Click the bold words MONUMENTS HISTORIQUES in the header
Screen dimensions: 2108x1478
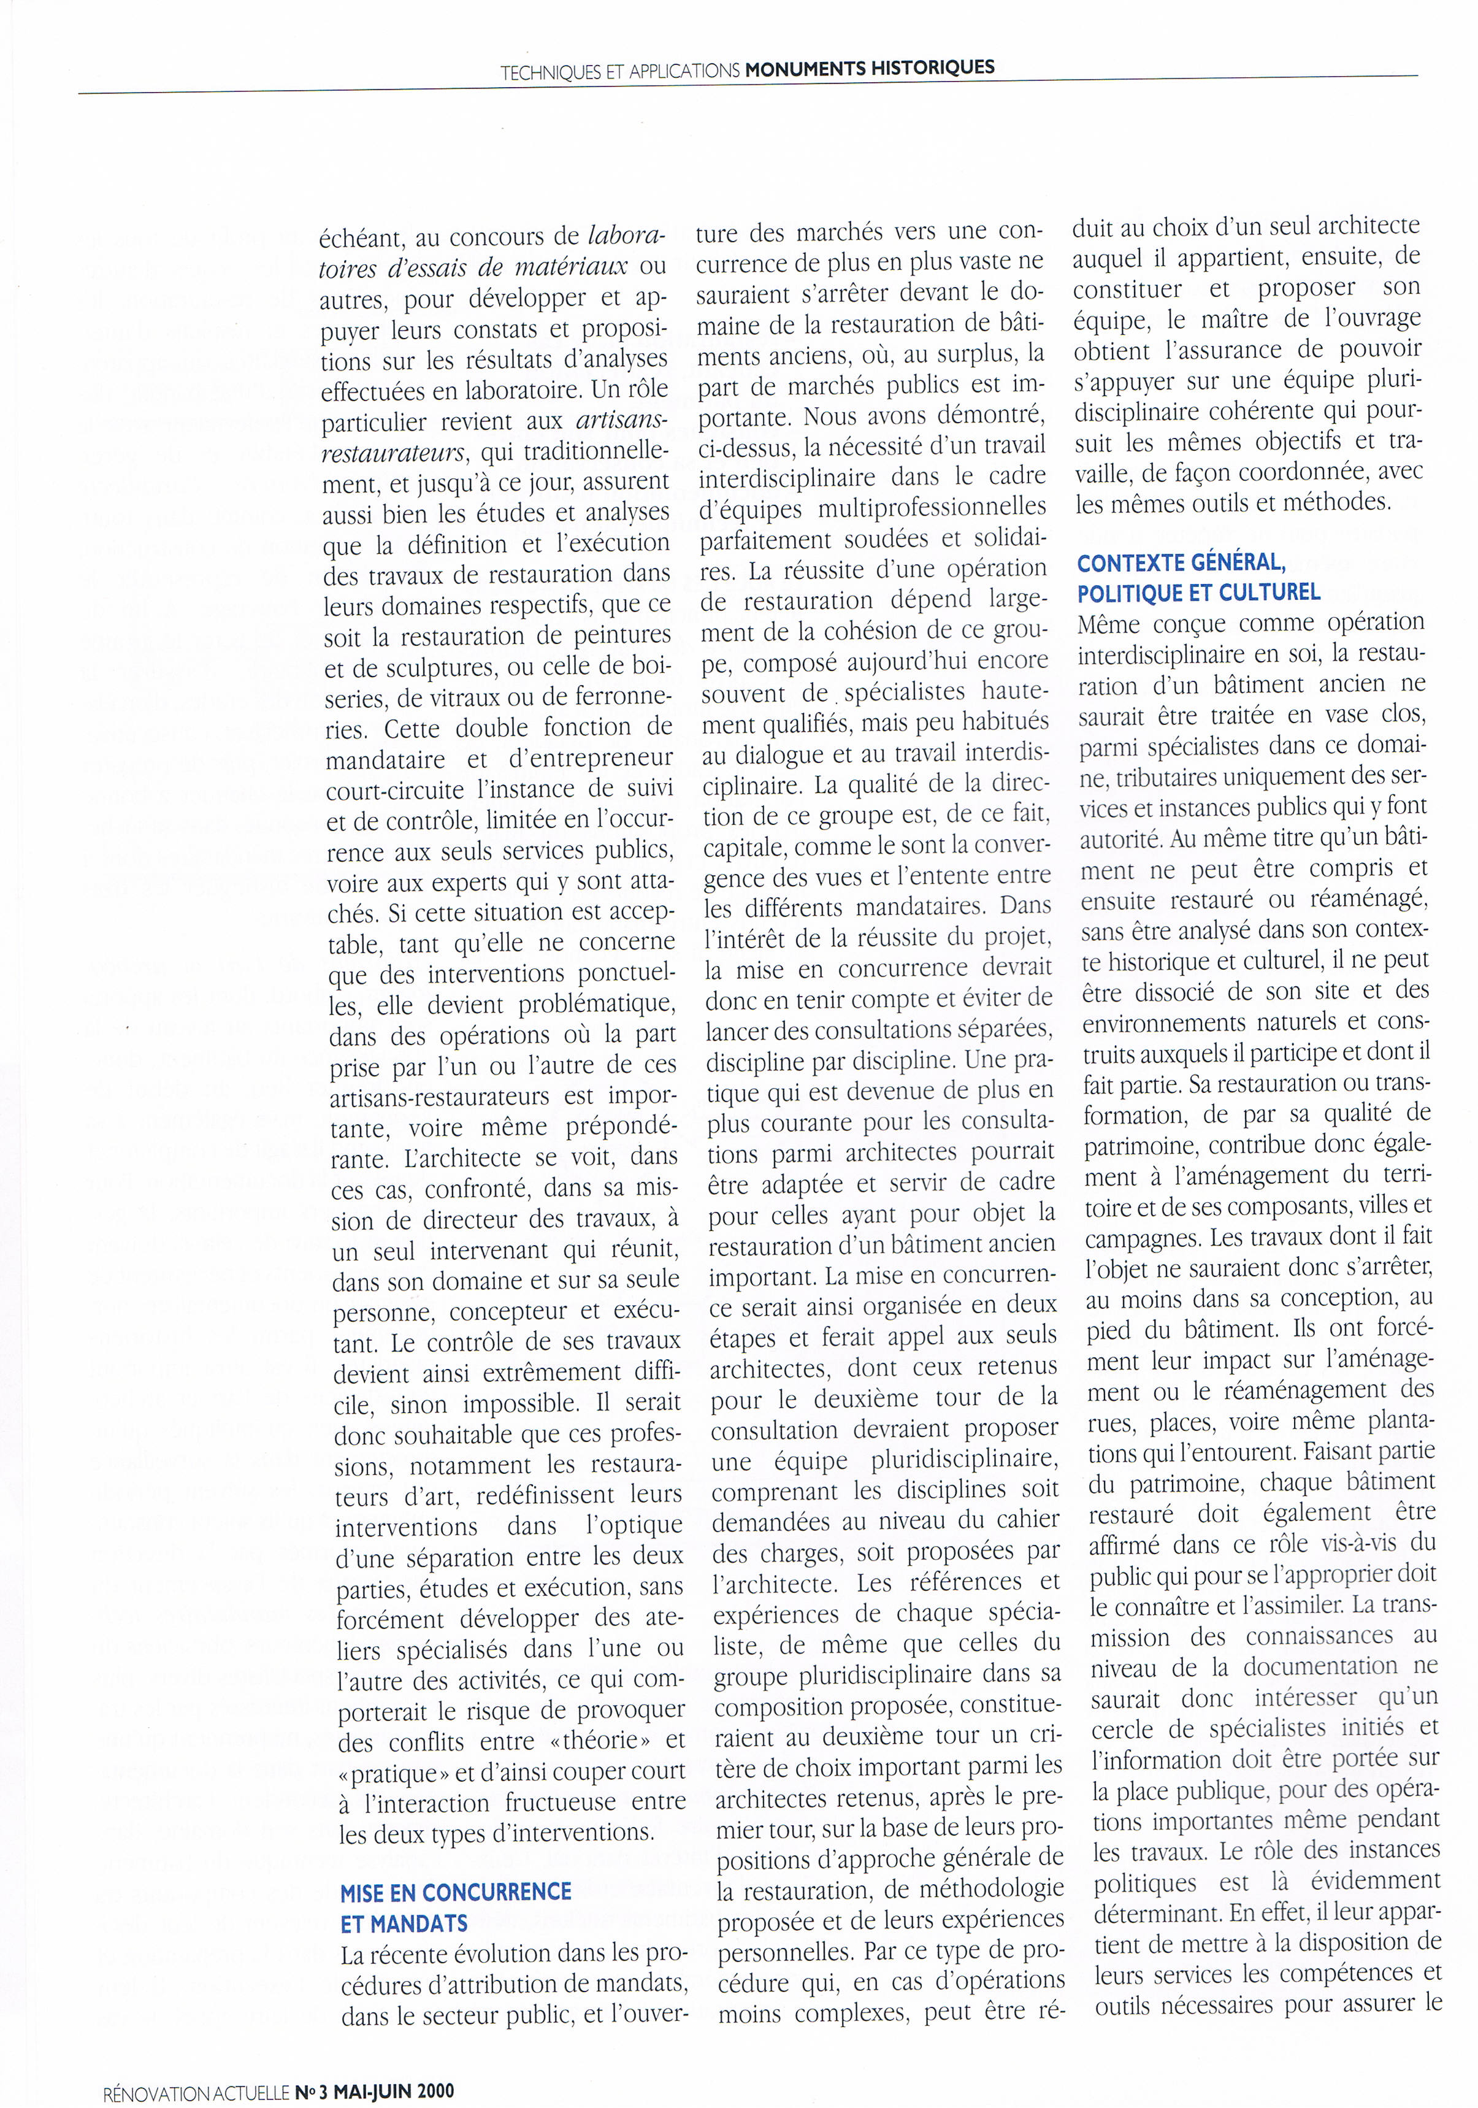tap(870, 67)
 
